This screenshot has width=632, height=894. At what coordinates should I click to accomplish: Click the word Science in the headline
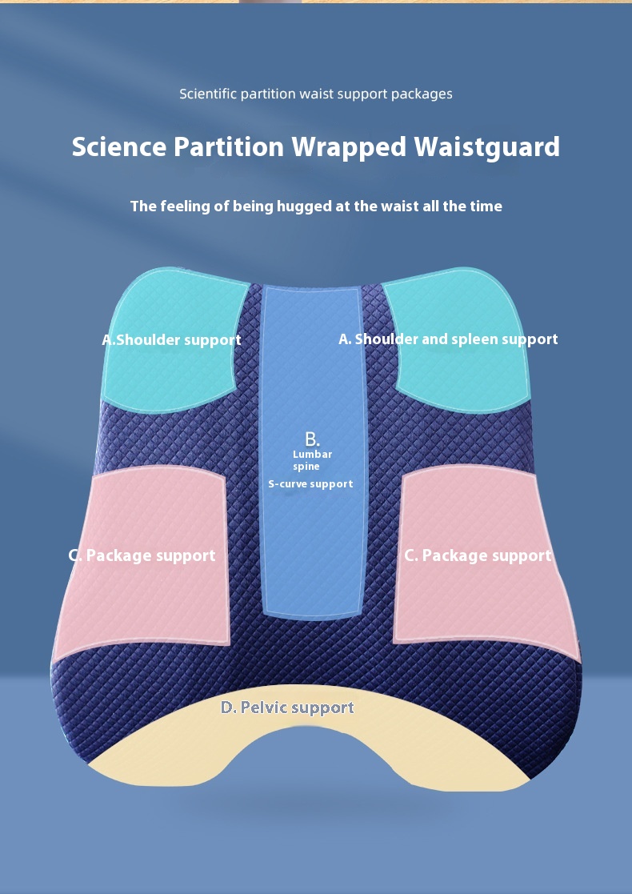[121, 147]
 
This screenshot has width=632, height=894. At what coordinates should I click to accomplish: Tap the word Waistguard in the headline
[486, 147]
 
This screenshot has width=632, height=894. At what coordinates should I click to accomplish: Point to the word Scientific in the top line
[208, 94]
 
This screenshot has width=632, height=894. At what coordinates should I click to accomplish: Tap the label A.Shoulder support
[171, 339]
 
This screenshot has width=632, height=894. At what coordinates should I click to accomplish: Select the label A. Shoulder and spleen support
[448, 339]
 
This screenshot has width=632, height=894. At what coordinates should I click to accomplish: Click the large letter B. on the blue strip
[312, 439]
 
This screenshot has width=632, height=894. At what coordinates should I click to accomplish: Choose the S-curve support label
[310, 484]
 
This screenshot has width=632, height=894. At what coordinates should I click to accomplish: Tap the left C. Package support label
[142, 555]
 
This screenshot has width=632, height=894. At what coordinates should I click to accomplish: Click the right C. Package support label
[478, 555]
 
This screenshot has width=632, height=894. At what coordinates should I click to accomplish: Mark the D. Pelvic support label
[287, 708]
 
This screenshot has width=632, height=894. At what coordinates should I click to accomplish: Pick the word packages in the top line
[422, 94]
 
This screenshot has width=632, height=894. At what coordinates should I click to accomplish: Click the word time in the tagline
[485, 206]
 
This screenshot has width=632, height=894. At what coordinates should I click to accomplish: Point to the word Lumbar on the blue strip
[312, 455]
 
